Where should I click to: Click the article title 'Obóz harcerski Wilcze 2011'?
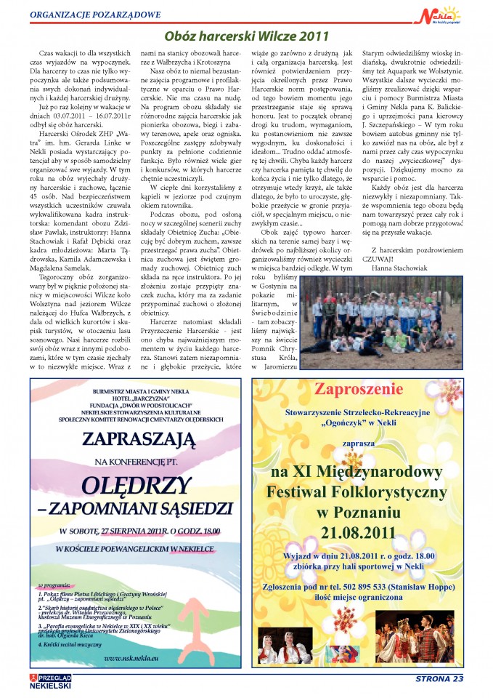246,35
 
